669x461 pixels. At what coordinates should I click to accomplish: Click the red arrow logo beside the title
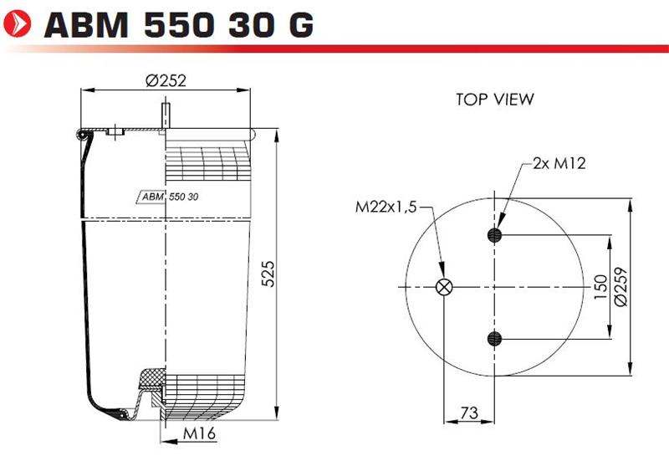[17, 23]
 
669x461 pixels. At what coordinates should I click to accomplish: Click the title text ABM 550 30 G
[179, 25]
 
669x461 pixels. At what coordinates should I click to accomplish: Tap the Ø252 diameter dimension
[166, 80]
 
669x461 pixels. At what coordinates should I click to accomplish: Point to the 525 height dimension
[268, 274]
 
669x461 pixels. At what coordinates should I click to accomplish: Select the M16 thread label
[200, 433]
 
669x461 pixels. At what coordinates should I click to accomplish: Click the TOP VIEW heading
[494, 100]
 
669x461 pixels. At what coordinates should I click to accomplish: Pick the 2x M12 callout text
[559, 163]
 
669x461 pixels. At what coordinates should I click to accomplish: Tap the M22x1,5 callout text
[386, 207]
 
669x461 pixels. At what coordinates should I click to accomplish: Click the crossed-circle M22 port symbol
[444, 287]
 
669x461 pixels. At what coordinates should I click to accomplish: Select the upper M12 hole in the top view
[494, 235]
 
